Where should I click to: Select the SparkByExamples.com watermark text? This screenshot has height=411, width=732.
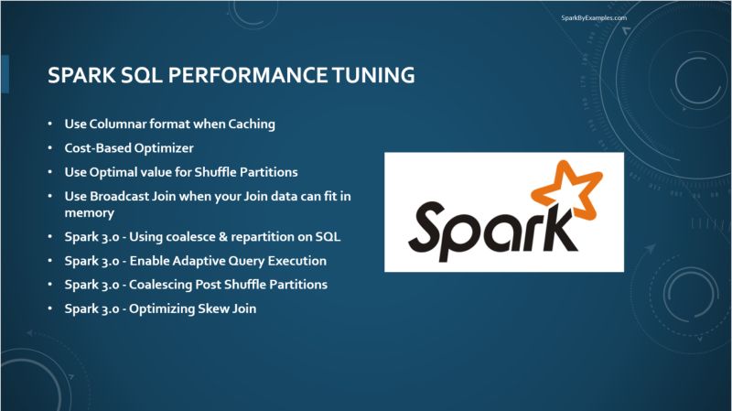594,17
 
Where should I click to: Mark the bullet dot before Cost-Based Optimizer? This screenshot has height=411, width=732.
50,147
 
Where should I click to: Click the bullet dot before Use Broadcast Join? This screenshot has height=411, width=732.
50,196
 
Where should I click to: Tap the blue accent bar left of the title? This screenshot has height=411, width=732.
5,74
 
